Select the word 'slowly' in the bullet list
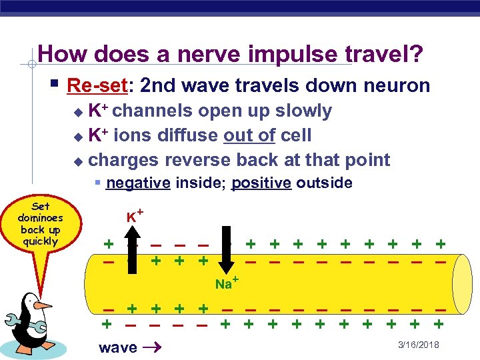[303, 111]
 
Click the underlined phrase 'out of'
[249, 135]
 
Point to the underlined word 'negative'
[138, 183]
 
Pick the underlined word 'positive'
[261, 183]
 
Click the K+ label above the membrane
[136, 215]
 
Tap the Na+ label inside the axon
[226, 284]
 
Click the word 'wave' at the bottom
[117, 347]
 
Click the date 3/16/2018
[417, 344]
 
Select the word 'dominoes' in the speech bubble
[40, 218]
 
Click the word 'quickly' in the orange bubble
[40, 241]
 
